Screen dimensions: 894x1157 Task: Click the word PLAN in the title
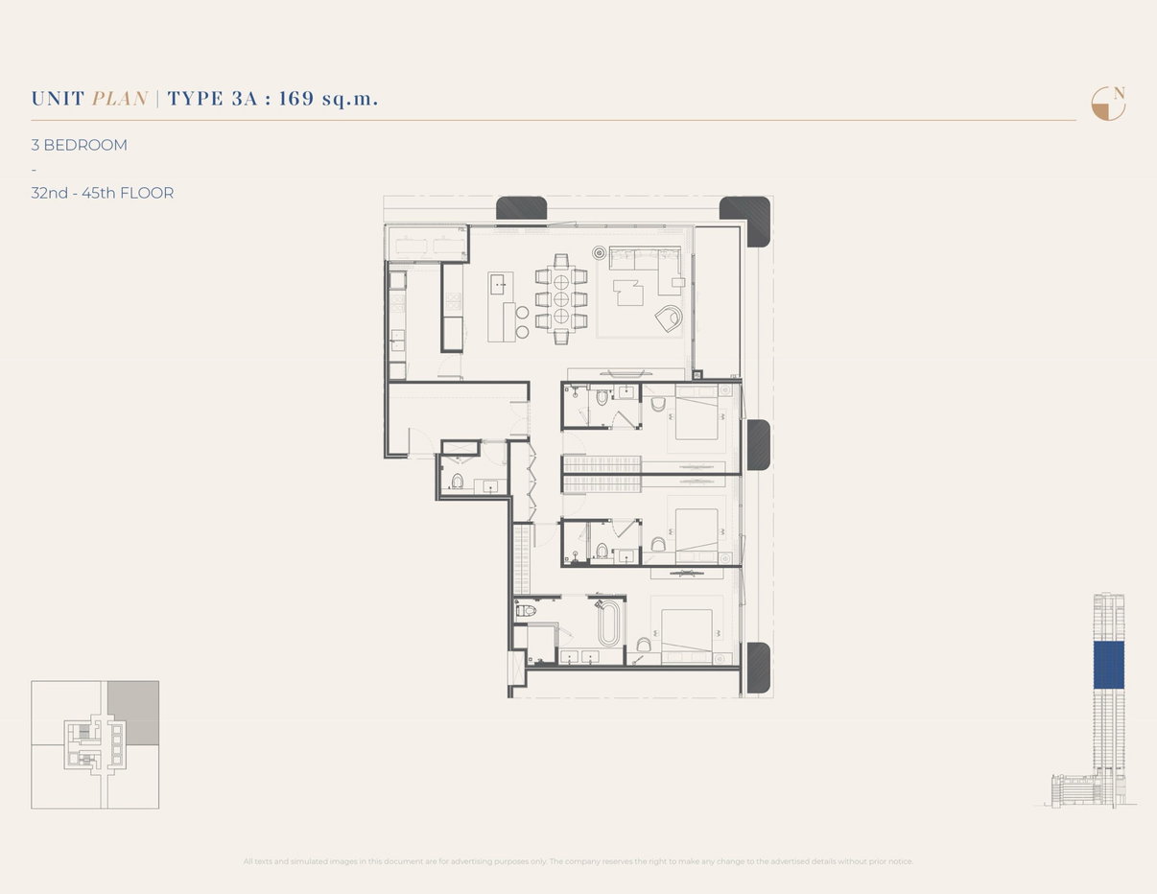[x=120, y=99]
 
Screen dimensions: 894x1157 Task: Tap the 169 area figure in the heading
[x=296, y=99]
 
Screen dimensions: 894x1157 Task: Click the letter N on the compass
[x=1118, y=93]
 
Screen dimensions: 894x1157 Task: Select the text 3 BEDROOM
[x=79, y=146]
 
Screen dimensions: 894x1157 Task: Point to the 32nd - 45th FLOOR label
[x=102, y=193]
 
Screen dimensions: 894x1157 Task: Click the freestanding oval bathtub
[x=608, y=624]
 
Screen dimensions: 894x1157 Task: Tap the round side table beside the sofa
[x=600, y=253]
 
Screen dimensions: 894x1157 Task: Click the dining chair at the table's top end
[x=561, y=261]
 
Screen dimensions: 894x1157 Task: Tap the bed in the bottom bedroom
[x=686, y=631]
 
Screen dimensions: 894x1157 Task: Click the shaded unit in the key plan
[x=132, y=713]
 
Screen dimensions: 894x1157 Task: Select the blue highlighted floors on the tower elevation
[x=1108, y=665]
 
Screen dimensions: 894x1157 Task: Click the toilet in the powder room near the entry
[x=457, y=481]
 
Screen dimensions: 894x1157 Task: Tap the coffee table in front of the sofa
[x=629, y=292]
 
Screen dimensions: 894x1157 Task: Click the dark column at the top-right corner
[x=746, y=220]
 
